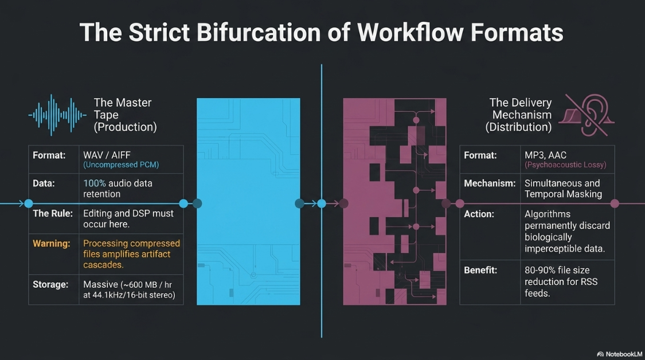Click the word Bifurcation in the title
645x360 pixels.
259,33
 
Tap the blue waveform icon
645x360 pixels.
57,115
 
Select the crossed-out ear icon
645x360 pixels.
587,115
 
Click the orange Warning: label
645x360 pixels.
52,244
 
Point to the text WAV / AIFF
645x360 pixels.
107,155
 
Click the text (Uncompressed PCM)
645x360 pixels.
121,165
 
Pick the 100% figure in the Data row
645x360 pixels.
95,183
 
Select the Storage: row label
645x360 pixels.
50,285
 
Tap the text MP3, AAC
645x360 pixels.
545,155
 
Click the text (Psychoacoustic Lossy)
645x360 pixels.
565,165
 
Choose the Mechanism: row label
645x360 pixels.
490,183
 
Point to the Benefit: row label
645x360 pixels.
480,271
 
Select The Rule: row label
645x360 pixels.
53,213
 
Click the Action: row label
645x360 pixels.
479,214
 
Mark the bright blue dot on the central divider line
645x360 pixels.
322,204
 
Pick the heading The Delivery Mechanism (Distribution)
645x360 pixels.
519,115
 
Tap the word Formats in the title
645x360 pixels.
517,33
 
